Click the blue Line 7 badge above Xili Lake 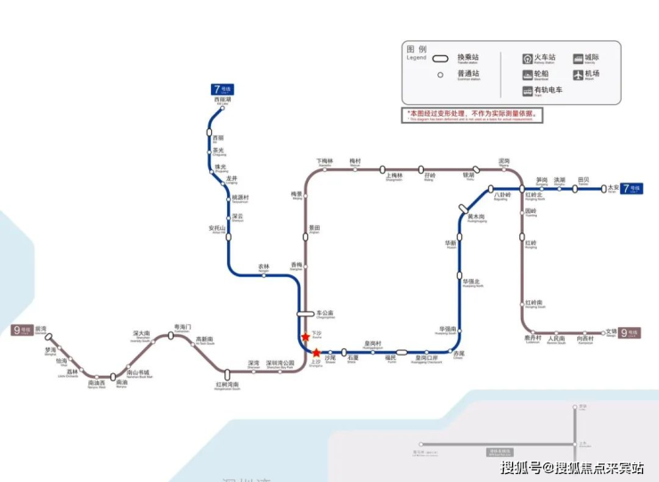click(223, 89)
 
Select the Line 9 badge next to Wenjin click(630, 332)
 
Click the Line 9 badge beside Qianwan click(21, 331)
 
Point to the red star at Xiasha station click(305, 336)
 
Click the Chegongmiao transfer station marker click(305, 314)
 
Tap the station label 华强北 click(471, 282)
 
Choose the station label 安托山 click(217, 228)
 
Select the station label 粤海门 click(183, 327)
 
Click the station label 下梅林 click(324, 162)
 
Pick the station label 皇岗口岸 click(427, 358)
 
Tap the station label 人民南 click(557, 339)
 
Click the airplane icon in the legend click(577, 74)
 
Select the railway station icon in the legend click(527, 58)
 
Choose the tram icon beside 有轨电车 click(527, 90)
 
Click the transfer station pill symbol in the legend click(440, 60)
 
